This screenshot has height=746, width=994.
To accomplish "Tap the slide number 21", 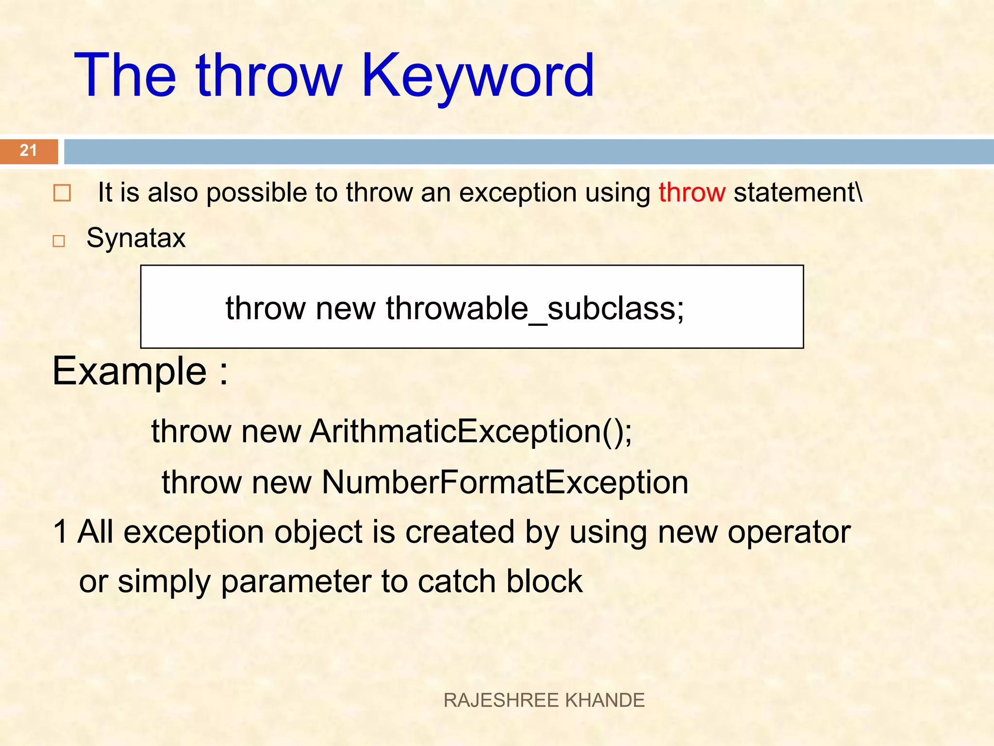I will pyautogui.click(x=28, y=151).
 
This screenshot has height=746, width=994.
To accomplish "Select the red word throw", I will pyautogui.click(x=692, y=192).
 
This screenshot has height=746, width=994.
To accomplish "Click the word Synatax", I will pyautogui.click(x=136, y=238).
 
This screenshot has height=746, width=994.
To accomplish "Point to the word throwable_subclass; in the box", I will pyautogui.click(x=535, y=308).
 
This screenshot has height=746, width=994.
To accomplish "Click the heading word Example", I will pyautogui.click(x=130, y=371).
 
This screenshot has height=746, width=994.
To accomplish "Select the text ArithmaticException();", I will pyautogui.click(x=471, y=431).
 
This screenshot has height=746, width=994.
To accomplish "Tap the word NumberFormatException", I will pyautogui.click(x=505, y=482).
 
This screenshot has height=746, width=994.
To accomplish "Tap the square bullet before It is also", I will pyautogui.click(x=62, y=193).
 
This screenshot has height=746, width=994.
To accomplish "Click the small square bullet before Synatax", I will pyautogui.click(x=59, y=241).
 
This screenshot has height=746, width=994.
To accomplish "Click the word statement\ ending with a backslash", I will pyautogui.click(x=798, y=192).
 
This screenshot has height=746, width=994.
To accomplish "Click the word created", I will pyautogui.click(x=460, y=532).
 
